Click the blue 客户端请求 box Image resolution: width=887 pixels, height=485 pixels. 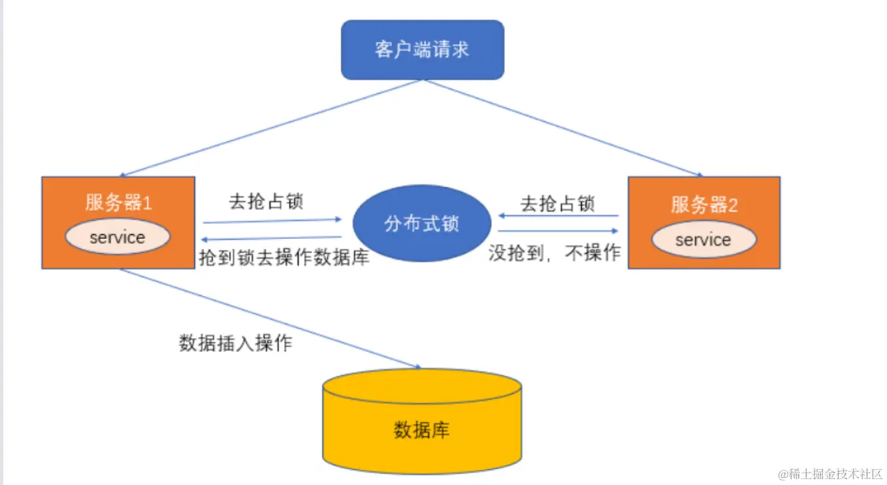tap(422, 50)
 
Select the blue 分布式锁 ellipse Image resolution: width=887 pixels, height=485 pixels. tap(422, 223)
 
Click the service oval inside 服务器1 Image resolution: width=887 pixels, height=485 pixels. tap(118, 237)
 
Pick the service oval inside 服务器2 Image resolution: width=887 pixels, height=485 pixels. tap(703, 240)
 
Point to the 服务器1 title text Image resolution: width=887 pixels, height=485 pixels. tap(118, 203)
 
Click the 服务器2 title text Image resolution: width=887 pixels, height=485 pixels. tap(704, 205)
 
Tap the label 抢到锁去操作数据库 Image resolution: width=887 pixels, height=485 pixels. tap(284, 257)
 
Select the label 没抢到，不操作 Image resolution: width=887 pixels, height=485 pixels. tap(555, 253)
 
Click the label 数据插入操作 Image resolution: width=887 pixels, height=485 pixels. tap(235, 343)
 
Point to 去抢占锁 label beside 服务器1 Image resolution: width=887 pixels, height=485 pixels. tap(266, 201)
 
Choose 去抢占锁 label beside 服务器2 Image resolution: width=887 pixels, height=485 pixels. tap(557, 203)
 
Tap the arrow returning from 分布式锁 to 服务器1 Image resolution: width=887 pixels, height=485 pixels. tap(272, 238)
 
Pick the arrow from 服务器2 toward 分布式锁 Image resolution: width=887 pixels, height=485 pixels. tap(558, 215)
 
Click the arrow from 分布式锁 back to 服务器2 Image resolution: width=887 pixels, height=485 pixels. tap(558, 231)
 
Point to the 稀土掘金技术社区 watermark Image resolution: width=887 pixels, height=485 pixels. tap(830, 474)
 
